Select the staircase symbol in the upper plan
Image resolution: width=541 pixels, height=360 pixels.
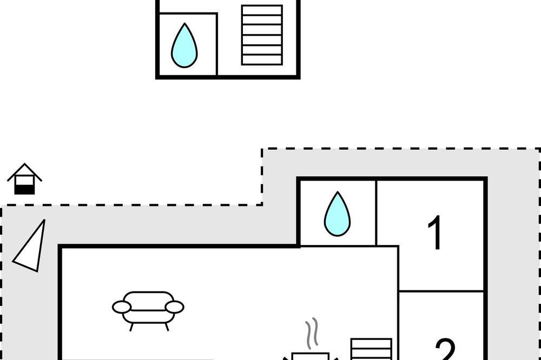tap(262, 35)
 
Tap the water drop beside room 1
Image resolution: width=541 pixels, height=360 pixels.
tap(337, 215)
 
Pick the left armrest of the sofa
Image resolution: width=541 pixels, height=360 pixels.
tap(122, 307)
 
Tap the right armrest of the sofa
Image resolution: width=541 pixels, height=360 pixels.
tap(175, 307)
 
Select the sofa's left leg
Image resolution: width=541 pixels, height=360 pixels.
tap(131, 325)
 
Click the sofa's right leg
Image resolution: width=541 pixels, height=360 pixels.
tap(167, 325)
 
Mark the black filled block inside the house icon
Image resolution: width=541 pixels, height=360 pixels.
tap(24, 189)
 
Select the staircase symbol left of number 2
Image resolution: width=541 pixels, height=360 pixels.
tap(371, 349)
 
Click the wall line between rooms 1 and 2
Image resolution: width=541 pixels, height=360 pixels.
tap(441, 292)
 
